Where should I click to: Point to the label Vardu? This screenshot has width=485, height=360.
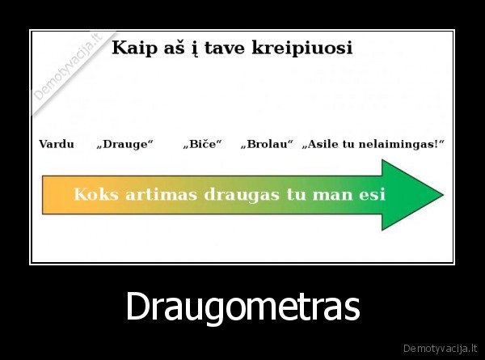coord(57,144)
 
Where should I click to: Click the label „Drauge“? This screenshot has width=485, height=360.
coord(124,144)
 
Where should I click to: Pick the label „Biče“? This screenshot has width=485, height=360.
coord(202,144)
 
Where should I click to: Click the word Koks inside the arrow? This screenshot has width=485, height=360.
coord(94,195)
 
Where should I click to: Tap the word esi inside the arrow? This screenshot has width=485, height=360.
coord(371,195)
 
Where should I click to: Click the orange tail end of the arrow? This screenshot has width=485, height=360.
coord(50,195)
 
